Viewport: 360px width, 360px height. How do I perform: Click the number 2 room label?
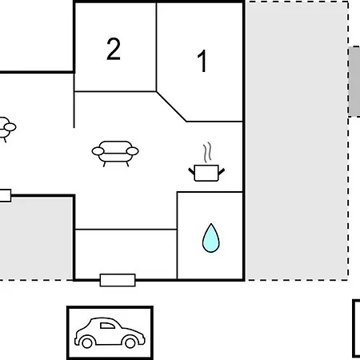(114, 49)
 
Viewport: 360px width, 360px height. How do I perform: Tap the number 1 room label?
(202, 61)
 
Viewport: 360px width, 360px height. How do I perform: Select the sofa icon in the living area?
(115, 154)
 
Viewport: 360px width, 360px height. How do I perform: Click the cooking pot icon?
(206, 173)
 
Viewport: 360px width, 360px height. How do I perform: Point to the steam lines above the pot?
(207, 152)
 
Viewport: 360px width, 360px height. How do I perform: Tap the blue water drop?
(210, 238)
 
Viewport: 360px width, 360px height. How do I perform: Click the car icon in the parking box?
(110, 333)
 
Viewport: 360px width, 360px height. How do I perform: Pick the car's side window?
(107, 326)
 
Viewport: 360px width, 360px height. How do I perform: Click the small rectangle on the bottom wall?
(118, 280)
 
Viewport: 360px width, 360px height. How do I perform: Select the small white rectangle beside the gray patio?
(5, 195)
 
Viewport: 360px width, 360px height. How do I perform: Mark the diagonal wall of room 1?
(171, 106)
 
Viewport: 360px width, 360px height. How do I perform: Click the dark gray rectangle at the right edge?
(354, 82)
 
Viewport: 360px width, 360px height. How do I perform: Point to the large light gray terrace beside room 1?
(297, 141)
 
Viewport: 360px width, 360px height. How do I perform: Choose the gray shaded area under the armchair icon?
(36, 238)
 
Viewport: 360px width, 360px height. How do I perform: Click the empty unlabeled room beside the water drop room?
(126, 254)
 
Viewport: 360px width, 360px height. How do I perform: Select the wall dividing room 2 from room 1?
(156, 47)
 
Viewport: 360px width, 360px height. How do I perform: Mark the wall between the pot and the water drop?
(210, 192)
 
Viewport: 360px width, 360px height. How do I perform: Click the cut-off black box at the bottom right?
(356, 329)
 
